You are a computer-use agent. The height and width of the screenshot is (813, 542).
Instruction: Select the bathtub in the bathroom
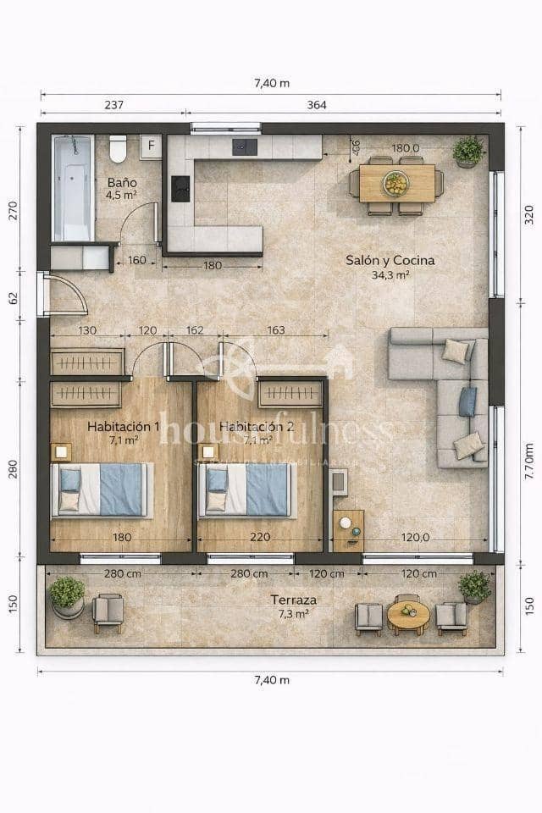coord(73,188)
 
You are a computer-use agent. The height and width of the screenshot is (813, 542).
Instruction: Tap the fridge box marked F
coord(151,146)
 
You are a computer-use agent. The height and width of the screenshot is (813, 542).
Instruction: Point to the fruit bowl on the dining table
coord(395,183)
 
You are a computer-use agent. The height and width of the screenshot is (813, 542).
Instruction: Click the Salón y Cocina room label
coord(390,261)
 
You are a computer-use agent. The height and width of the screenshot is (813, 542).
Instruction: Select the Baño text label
coord(120,182)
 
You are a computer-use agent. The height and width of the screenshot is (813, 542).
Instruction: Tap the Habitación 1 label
coord(123,426)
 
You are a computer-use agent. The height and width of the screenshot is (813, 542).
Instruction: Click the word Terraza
coord(293,600)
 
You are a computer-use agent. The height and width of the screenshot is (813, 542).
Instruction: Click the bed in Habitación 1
coord(102,489)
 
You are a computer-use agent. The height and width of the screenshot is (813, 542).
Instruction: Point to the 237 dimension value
coord(113,106)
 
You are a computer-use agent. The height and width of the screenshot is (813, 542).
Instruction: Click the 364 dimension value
coord(317,106)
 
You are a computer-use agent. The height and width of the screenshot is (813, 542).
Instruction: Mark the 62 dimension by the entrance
coord(13,297)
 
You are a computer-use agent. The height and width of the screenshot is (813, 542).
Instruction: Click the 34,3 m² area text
coord(390,275)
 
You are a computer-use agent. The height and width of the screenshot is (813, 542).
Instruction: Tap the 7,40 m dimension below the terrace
coord(272,680)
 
